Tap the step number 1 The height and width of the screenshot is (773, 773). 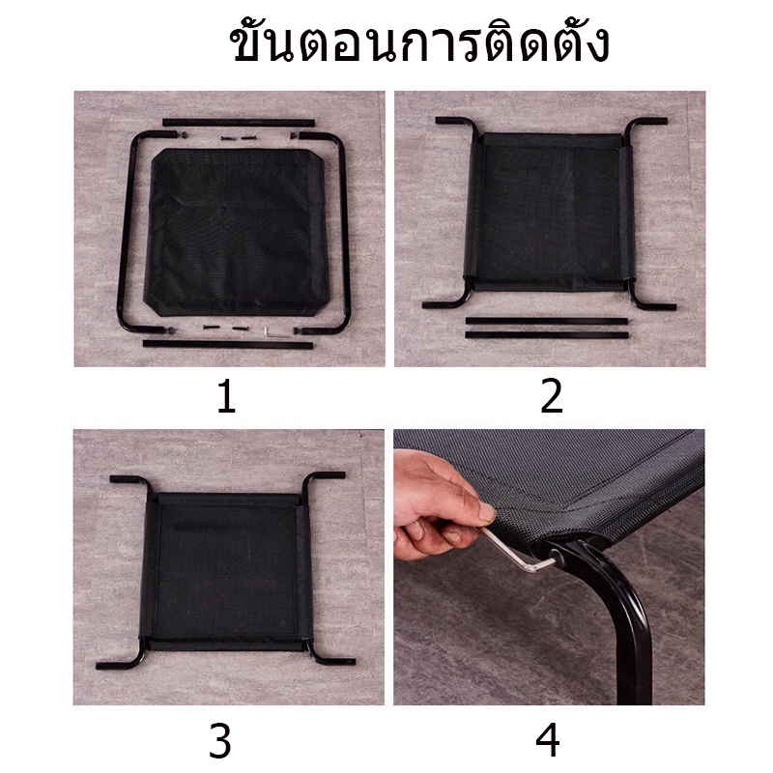[x=227, y=396]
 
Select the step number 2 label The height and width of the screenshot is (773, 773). [x=551, y=395]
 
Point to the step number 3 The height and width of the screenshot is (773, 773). [x=220, y=740]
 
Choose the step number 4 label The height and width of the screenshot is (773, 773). [x=548, y=739]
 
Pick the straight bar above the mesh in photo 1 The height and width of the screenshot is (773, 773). [x=239, y=123]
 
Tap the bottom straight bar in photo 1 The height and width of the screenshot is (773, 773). [x=228, y=343]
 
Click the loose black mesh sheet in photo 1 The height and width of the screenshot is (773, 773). [x=237, y=232]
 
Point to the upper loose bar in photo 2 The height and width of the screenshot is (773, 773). [x=546, y=321]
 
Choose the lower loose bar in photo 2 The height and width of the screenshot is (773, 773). [x=547, y=334]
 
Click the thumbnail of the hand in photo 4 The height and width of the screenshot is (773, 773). [x=487, y=512]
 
